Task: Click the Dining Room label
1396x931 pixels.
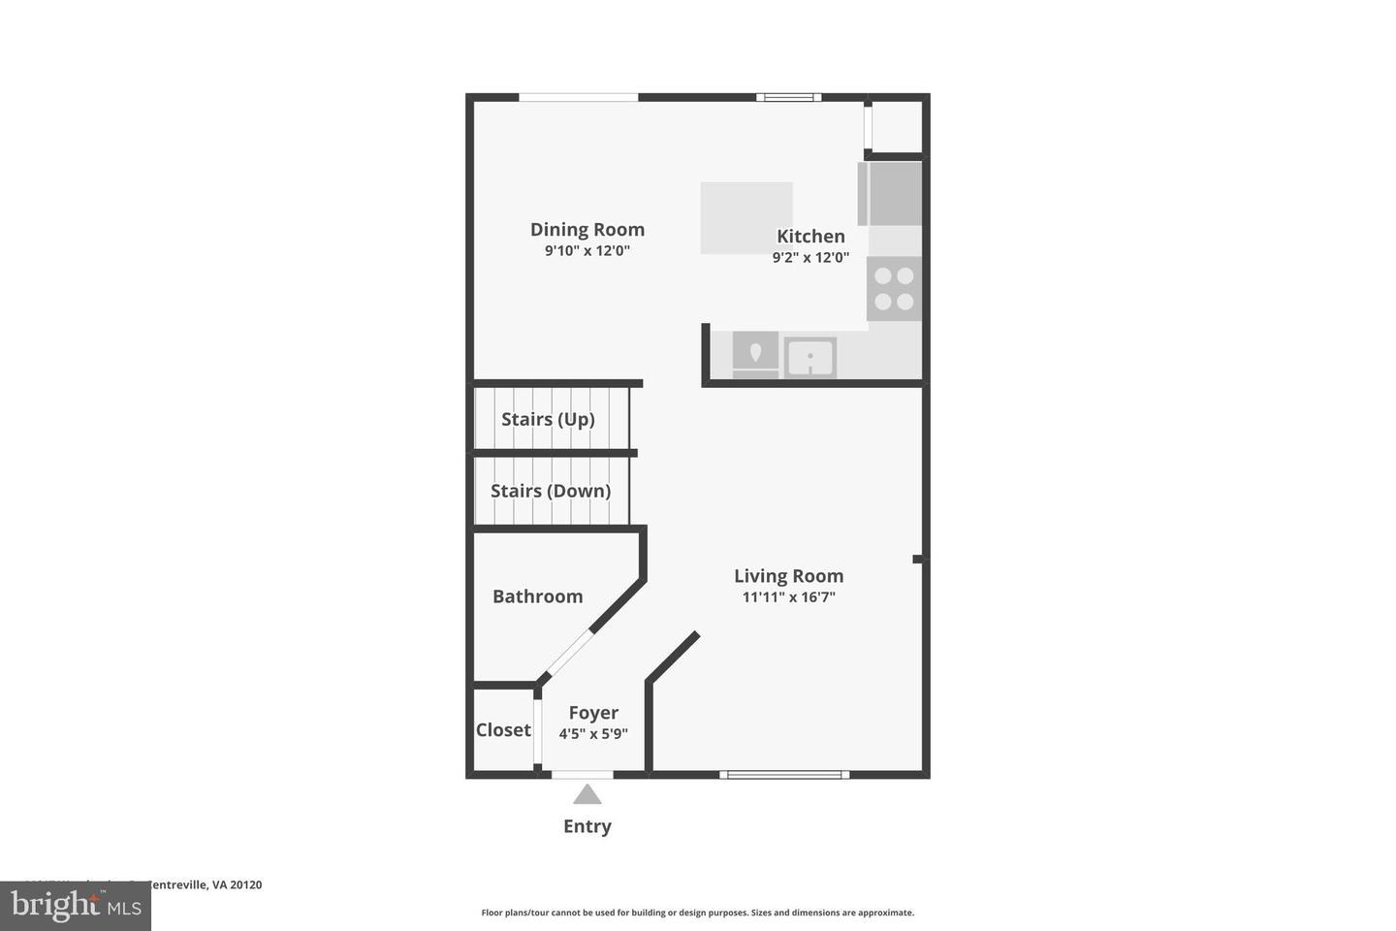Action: (587, 230)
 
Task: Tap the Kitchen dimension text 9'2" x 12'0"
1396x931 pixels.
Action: (810, 258)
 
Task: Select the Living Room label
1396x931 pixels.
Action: (788, 576)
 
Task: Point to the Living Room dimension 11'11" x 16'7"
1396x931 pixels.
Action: (788, 597)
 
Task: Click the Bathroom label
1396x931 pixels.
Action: (537, 596)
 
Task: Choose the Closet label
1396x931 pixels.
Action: (503, 730)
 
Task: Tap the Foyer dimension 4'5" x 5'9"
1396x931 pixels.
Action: (593, 734)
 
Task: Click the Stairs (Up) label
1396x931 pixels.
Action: (548, 419)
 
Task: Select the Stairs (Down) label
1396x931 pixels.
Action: (551, 491)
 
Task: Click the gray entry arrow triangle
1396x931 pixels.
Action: (587, 795)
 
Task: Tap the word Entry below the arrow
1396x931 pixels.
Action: (587, 826)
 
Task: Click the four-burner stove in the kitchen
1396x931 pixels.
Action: (894, 289)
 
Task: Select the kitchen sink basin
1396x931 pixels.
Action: (809, 357)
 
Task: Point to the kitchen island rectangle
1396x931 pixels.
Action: (746, 217)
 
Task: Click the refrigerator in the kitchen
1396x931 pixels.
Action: (890, 193)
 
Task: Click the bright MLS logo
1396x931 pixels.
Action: (75, 906)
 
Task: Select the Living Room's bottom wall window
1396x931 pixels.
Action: (784, 774)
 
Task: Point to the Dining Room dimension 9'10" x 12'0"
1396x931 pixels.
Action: (587, 251)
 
